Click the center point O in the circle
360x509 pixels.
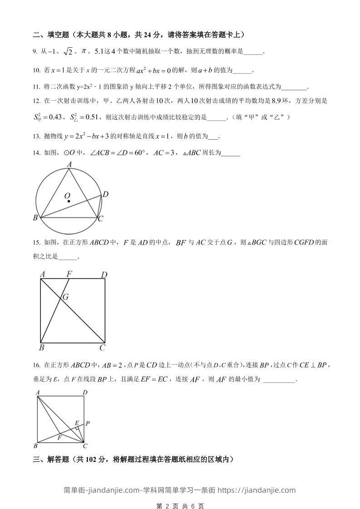click(68, 201)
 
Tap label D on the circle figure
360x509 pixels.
click(105, 195)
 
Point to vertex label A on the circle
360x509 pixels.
click(69, 165)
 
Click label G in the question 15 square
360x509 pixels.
click(66, 297)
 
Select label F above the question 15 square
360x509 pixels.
click(69, 274)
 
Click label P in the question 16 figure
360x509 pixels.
click(87, 423)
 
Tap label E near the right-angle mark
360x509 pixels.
click(77, 423)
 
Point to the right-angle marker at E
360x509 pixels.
click(78, 428)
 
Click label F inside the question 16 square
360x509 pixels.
click(59, 438)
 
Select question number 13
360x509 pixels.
click(36, 136)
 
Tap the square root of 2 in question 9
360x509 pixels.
click(67, 52)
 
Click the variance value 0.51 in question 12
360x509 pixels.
click(84, 117)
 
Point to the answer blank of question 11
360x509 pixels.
click(294, 87)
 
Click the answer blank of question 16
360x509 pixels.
click(279, 379)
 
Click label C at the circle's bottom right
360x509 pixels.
click(101, 219)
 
